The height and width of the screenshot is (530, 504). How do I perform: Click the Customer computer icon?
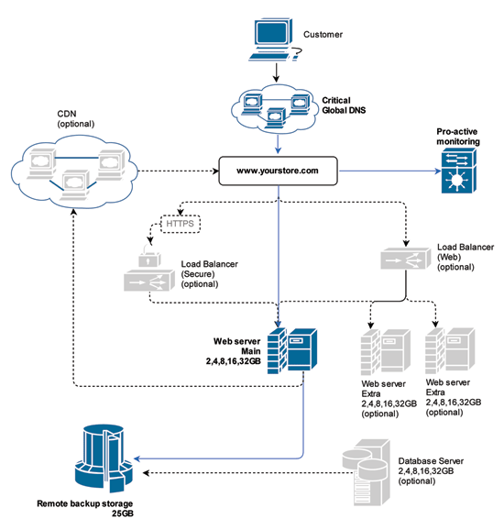pos(274,39)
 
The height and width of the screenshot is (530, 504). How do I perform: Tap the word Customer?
pos(323,35)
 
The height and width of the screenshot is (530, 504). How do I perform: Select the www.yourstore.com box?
pos(278,171)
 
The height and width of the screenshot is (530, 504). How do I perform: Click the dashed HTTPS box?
pos(180,224)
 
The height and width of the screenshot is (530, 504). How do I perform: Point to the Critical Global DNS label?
pos(344,105)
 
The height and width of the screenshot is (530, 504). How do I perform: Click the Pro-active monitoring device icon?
pos(459,171)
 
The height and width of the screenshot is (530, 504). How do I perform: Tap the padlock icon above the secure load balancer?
pos(149,256)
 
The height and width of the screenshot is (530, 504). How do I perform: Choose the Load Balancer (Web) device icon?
pos(405,259)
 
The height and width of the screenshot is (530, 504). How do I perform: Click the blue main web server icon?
pos(292,350)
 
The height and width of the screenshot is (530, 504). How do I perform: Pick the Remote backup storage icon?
pos(104,458)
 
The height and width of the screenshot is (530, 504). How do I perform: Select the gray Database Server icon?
pos(367,472)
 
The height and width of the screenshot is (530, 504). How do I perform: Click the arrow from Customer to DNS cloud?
pos(277,72)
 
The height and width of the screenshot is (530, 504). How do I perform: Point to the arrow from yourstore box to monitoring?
pos(390,171)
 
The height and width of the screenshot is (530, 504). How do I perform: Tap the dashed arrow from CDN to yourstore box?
pos(179,171)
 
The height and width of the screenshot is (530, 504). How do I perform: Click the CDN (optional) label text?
pos(76,118)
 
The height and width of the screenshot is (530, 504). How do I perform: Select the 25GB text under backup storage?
pos(123,513)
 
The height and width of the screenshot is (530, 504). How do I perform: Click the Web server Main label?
pos(236,346)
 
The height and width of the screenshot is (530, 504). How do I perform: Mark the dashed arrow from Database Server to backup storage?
pos(248,472)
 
